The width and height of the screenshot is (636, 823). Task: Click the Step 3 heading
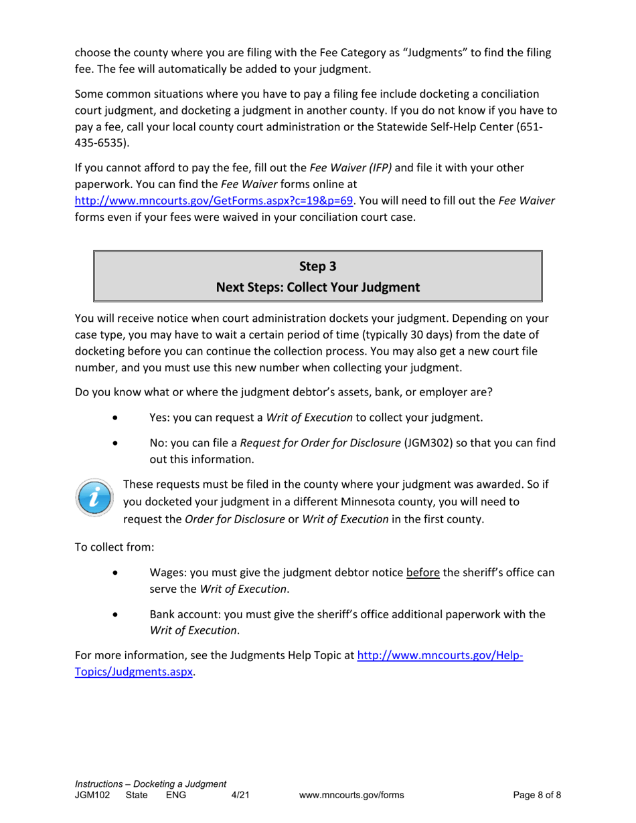(317, 266)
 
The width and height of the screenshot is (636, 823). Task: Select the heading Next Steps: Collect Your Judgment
(317, 288)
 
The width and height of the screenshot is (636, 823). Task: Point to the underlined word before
(422, 573)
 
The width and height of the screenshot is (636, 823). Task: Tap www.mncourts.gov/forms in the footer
(351, 795)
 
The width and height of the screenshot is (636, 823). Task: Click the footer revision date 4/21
(240, 795)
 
